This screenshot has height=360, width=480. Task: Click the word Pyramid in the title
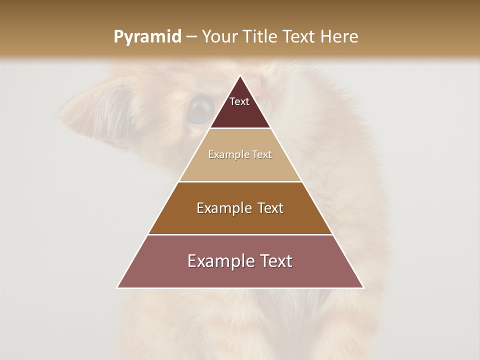147,37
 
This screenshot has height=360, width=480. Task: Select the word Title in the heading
261,37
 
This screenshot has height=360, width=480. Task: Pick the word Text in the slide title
300,37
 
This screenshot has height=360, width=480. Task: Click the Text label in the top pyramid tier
239,101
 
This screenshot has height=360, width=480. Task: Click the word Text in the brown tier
270,208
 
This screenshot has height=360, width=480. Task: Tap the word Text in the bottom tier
276,261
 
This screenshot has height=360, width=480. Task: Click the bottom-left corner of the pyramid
117,287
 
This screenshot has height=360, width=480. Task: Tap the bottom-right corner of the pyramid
363,287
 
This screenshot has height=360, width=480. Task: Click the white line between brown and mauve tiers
240,234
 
